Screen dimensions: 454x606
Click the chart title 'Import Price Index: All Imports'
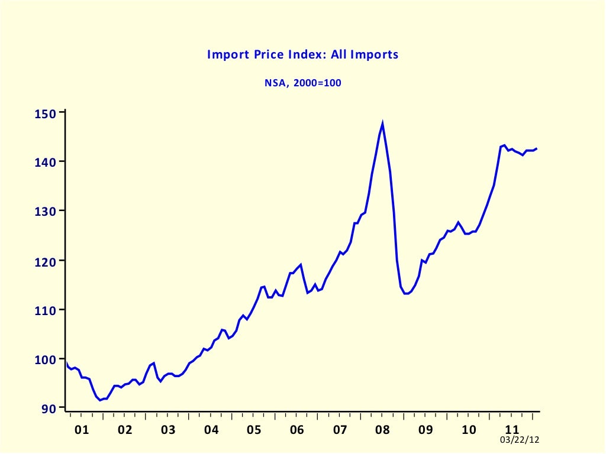tap(302, 54)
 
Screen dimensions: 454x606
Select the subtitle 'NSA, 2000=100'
tap(302, 83)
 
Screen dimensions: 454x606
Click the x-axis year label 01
tap(82, 429)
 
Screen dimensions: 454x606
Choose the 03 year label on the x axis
tap(168, 429)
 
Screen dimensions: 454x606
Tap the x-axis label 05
tap(254, 429)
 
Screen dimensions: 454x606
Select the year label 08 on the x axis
tap(383, 429)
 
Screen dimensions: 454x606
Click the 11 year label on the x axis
tap(512, 429)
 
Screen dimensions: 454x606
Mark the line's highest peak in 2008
tap(383, 124)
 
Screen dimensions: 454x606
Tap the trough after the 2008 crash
tap(406, 293)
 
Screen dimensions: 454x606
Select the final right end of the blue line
tap(537, 148)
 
